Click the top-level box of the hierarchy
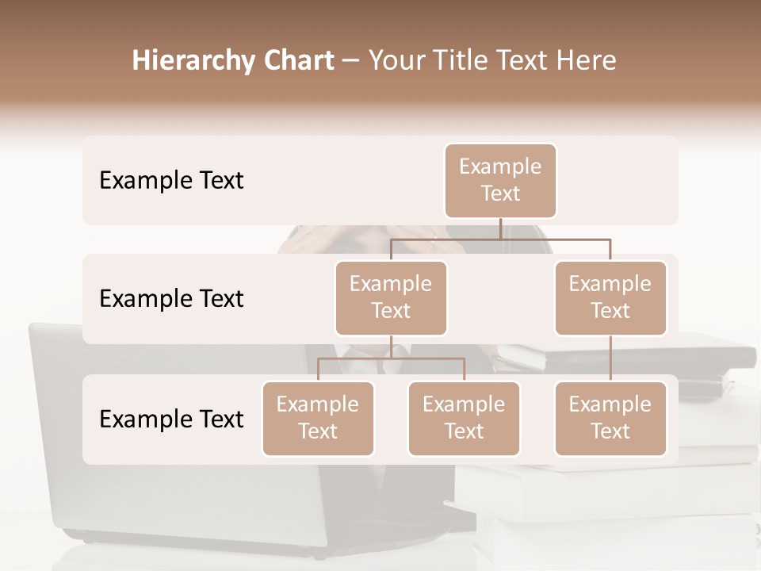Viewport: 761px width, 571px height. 500,181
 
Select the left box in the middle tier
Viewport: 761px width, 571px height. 391,297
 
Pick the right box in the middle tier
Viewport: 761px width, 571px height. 610,297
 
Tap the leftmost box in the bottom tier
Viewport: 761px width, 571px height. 318,418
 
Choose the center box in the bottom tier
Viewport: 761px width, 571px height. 464,418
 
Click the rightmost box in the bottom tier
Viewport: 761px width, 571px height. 610,418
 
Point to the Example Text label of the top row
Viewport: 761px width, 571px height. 171,181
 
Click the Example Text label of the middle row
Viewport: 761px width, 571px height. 171,299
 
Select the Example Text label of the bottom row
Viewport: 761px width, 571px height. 171,420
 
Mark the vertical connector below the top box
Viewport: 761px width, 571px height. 500,228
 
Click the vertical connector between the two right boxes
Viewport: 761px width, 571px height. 610,358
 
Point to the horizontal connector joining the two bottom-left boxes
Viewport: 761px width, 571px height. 391,358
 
